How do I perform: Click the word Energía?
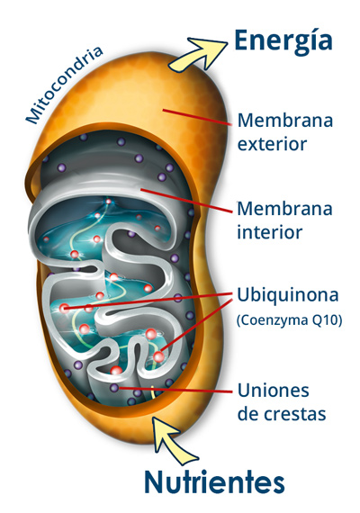click(x=283, y=41)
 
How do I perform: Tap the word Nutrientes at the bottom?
click(x=214, y=481)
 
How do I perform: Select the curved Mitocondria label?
click(x=64, y=85)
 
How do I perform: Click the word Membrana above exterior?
click(x=285, y=120)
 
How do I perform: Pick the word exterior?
click(x=272, y=144)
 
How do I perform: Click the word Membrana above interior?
click(x=284, y=209)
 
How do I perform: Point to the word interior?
click(x=269, y=232)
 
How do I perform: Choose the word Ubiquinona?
click(x=287, y=295)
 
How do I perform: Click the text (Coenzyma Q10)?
click(x=289, y=320)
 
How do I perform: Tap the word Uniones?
click(x=274, y=390)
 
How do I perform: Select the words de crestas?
click(x=282, y=414)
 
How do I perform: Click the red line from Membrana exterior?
click(x=198, y=118)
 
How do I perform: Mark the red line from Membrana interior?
click(x=186, y=201)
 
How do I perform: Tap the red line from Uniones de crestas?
click(x=176, y=390)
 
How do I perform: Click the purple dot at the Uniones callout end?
click(x=114, y=388)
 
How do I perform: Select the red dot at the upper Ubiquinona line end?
click(x=65, y=308)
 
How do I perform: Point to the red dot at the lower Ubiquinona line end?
click(x=159, y=356)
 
